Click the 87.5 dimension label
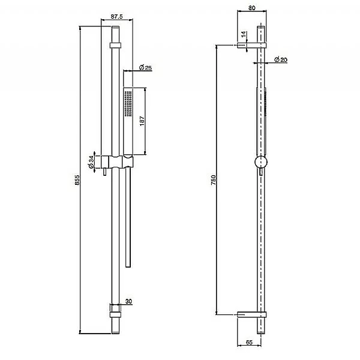point(117,17)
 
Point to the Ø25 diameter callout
point(145,67)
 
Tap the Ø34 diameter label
point(91,162)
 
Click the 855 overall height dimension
point(77,182)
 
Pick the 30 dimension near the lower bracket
point(128,301)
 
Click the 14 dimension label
point(243,35)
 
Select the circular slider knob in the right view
point(261,163)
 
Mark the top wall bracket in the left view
point(116,45)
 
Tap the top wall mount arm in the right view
point(251,44)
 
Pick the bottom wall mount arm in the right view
point(251,314)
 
